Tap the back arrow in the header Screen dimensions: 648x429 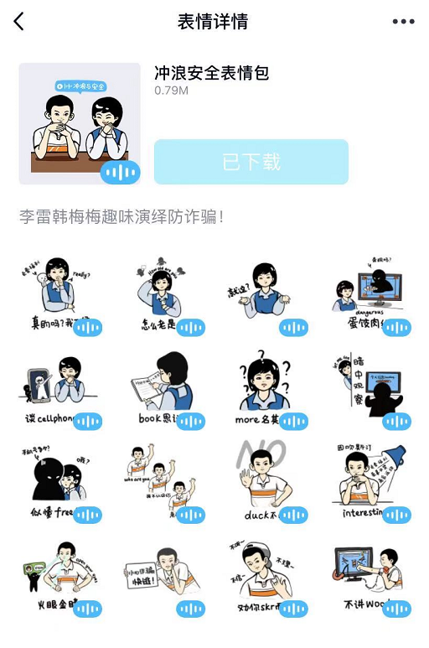tap(19, 22)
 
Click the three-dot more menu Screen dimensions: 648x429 tap(403, 22)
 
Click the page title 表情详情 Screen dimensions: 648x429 tap(213, 22)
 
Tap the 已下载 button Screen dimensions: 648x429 tap(251, 162)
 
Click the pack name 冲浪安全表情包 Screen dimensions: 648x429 tap(211, 73)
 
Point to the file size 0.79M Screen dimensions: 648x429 tap(171, 90)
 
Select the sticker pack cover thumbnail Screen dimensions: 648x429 tap(79, 123)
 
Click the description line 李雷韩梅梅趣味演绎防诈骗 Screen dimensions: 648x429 tap(121, 217)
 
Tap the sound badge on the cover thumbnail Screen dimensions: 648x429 tap(120, 174)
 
